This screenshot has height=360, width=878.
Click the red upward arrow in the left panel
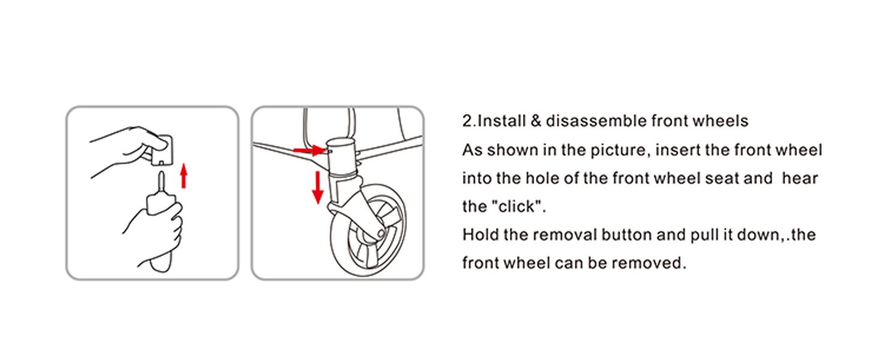(x=184, y=176)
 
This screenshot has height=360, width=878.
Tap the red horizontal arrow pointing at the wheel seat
(x=309, y=150)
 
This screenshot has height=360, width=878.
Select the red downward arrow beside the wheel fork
(x=317, y=187)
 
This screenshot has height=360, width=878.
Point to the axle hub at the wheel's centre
(x=381, y=234)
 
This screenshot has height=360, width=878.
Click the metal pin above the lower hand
(x=161, y=182)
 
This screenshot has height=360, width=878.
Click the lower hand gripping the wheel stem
(x=155, y=232)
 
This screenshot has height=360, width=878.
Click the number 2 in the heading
(x=467, y=121)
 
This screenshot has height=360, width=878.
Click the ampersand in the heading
(x=536, y=121)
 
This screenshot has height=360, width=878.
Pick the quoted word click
(x=518, y=206)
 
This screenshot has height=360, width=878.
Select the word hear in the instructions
(x=800, y=178)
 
